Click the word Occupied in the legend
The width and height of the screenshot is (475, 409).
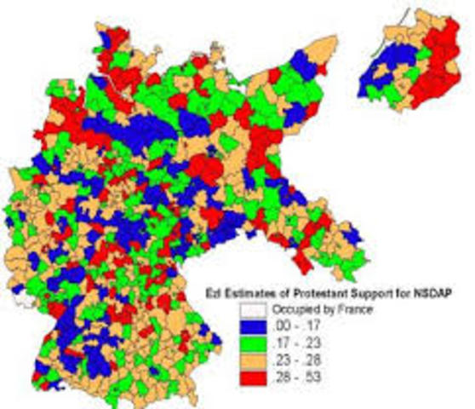(291, 310)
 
